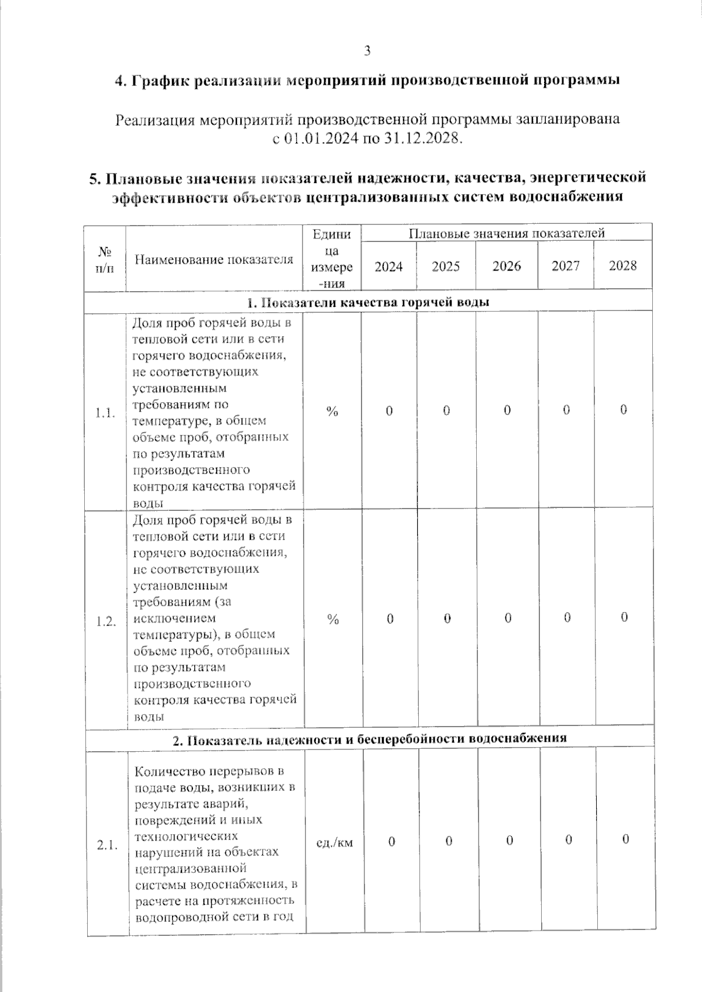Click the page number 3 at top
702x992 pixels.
point(367,51)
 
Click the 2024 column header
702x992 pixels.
point(388,267)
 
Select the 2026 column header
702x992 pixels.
point(507,266)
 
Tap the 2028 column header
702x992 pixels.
point(622,265)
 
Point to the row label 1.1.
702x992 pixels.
point(105,413)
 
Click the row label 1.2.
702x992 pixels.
point(106,621)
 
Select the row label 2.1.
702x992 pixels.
point(107,845)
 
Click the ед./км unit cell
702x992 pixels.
point(334,842)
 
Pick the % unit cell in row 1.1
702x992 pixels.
point(332,412)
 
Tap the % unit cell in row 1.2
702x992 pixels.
point(333,619)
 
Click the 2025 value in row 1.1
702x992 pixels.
point(446,410)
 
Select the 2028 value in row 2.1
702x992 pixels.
point(625,839)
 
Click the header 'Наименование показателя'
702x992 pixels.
point(214,260)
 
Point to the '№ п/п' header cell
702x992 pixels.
point(105,260)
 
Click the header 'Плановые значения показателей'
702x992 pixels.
point(506,233)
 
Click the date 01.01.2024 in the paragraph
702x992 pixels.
point(322,139)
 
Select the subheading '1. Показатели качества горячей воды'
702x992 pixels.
point(368,302)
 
